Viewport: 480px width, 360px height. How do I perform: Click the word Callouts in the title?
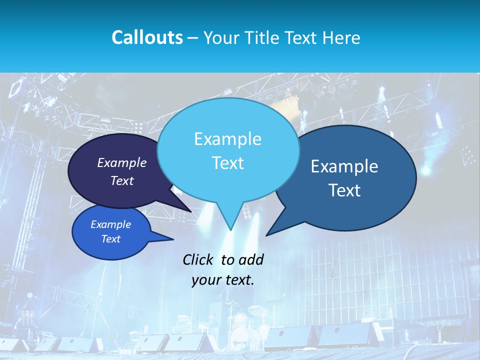[147, 38]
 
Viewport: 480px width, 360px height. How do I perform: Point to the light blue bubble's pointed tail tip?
[230, 230]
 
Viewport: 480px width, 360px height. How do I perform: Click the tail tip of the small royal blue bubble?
[173, 239]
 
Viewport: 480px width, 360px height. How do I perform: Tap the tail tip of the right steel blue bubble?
[266, 235]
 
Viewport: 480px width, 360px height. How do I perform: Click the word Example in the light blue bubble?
[228, 139]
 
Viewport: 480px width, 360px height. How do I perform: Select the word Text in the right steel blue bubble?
[344, 190]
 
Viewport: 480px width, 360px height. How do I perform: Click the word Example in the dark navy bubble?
[122, 163]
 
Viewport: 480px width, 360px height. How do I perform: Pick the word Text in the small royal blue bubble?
[111, 239]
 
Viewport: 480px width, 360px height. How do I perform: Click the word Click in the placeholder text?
[198, 259]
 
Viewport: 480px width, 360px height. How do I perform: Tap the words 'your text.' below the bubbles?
[223, 280]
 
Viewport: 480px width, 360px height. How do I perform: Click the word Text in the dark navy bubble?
[122, 181]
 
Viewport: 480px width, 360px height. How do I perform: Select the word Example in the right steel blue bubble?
[344, 166]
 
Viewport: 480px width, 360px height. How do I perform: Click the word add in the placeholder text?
[250, 259]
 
